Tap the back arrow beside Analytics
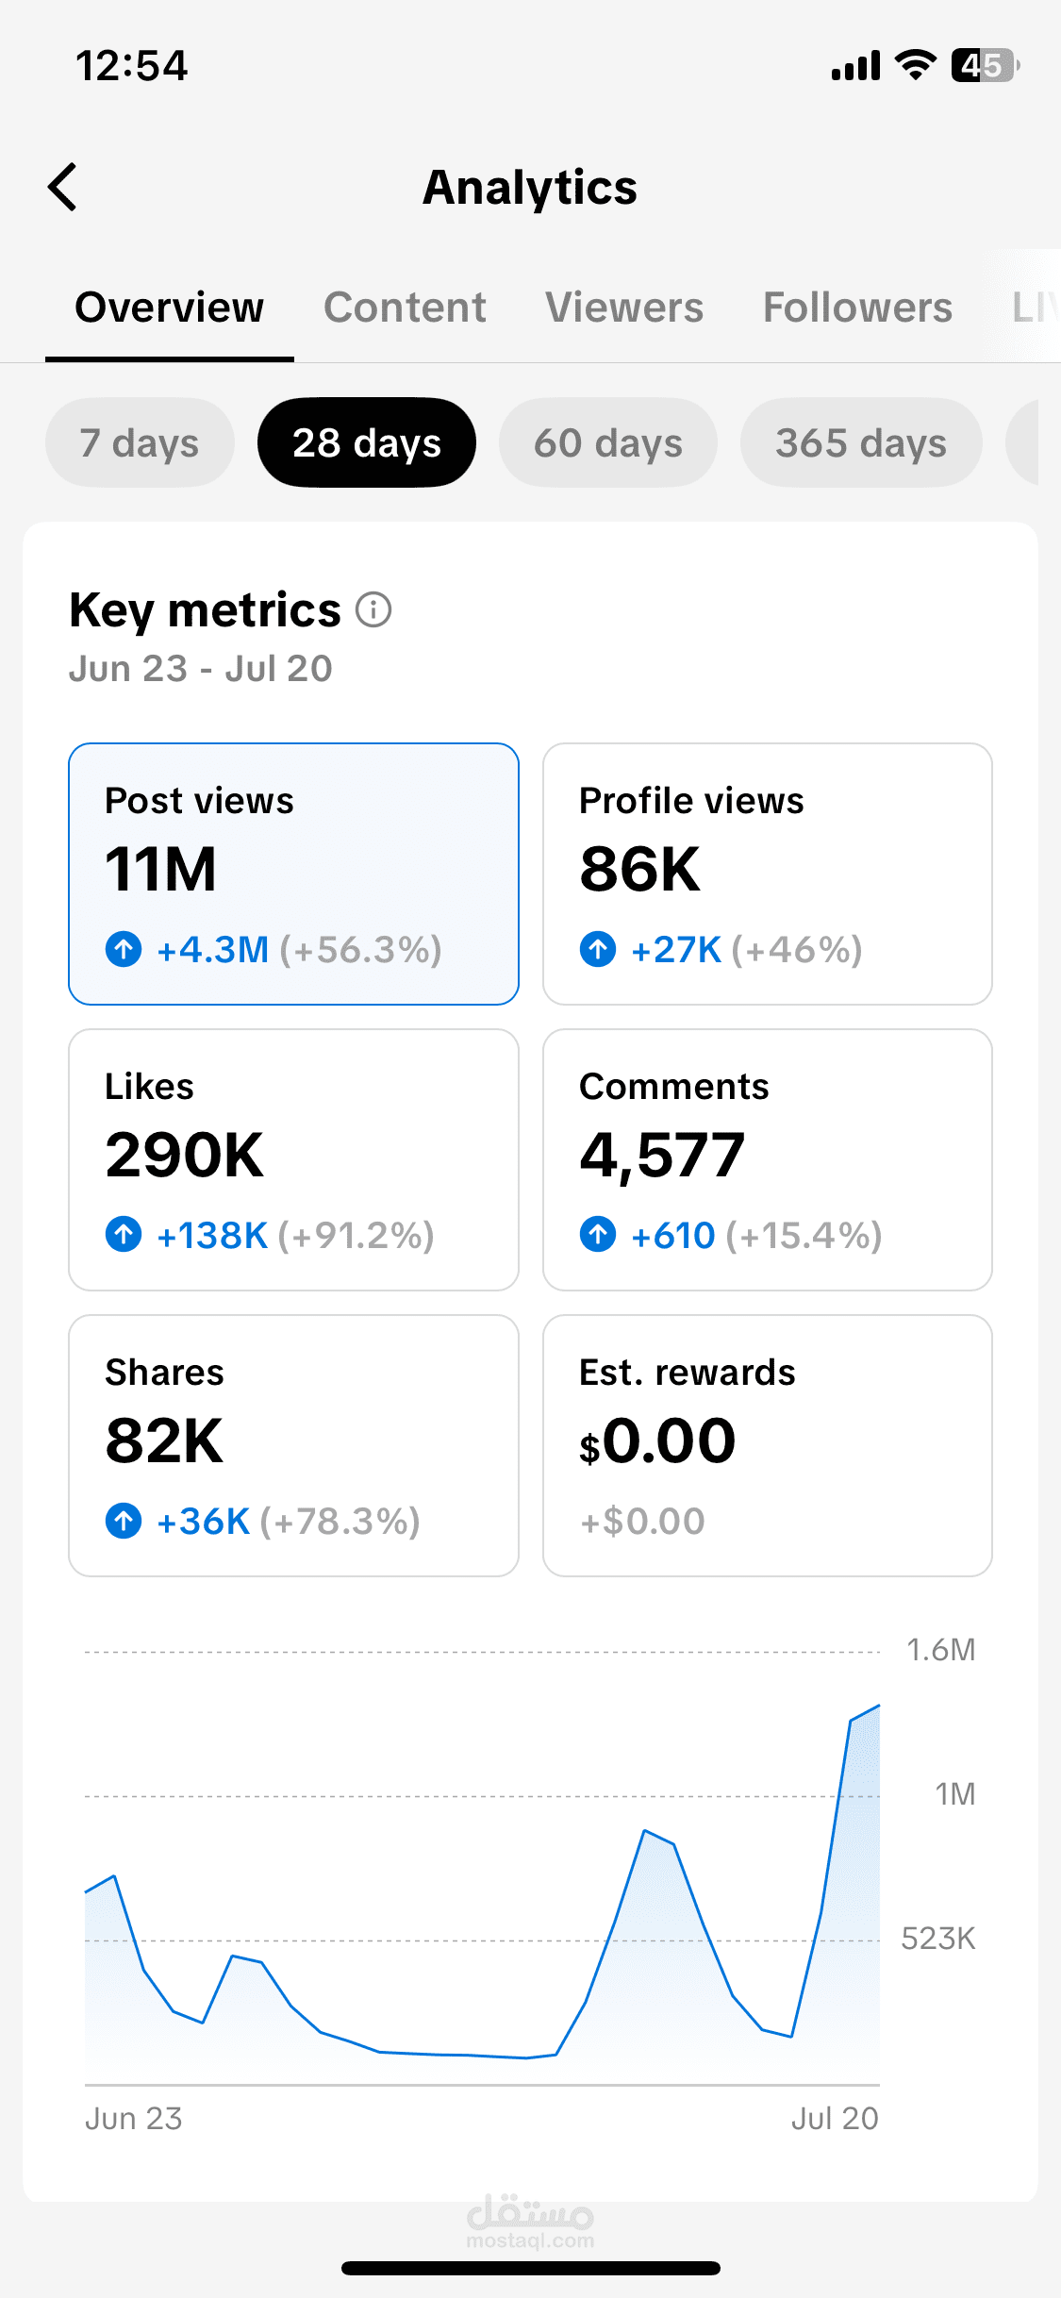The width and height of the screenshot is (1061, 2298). pos(62,187)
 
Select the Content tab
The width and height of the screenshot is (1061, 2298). pos(405,308)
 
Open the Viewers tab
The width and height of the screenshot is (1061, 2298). pos(624,308)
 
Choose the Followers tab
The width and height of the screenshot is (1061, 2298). pos(857,308)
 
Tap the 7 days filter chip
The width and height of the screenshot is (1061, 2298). pos(140,442)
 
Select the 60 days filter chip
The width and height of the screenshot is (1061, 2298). pos(608,442)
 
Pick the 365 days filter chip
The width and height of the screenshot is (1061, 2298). pos(861,442)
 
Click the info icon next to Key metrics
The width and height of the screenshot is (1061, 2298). pos(373,609)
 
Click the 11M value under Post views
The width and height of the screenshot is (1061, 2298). pos(160,869)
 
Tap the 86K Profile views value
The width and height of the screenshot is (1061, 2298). pos(639,869)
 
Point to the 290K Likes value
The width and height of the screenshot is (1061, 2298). pos(184,1155)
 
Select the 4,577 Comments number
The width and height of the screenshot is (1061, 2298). pos(662,1157)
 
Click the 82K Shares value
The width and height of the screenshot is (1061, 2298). pos(164,1440)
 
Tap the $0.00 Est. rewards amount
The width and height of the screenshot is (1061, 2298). pos(657,1441)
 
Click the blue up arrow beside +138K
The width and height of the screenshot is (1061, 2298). pos(124,1234)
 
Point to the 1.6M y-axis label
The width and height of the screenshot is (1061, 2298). pos(940,1650)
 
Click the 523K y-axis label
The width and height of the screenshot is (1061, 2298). pos(938,1939)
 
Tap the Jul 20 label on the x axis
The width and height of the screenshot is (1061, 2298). pos(835,2119)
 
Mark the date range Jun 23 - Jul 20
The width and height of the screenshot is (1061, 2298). pos(201,669)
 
